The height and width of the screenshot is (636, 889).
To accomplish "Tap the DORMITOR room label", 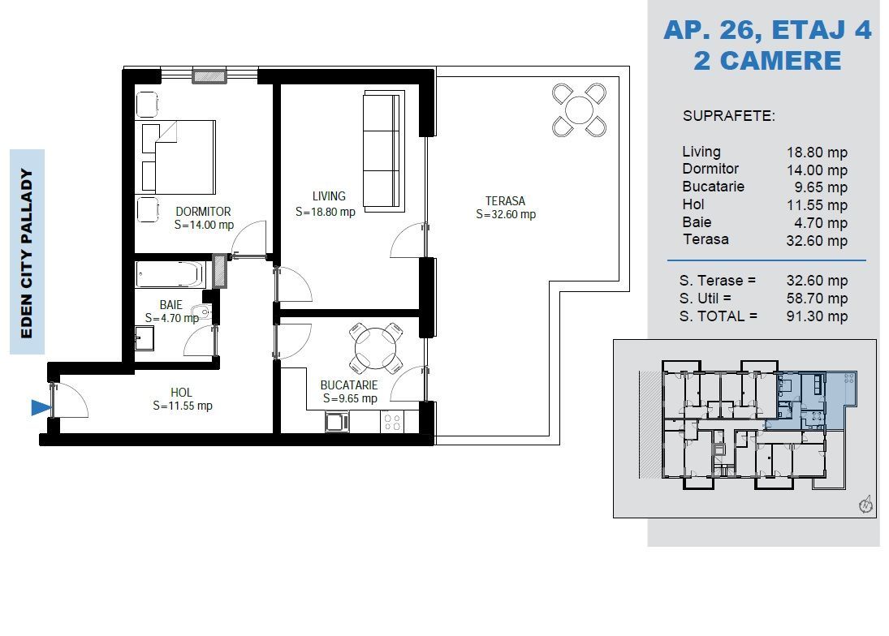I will [203, 212].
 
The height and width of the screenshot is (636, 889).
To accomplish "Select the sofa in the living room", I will [382, 151].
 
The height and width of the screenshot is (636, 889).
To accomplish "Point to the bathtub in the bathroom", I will [170, 274].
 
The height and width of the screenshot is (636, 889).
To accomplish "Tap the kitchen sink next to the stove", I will [337, 422].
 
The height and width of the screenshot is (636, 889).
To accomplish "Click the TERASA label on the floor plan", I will [505, 201].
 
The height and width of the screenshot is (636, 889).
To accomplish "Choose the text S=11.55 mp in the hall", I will [182, 406].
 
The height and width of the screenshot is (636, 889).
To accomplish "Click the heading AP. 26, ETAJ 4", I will [767, 31].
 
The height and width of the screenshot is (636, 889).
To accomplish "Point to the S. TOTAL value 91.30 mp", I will [817, 317].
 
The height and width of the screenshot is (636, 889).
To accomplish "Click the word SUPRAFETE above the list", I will [728, 116].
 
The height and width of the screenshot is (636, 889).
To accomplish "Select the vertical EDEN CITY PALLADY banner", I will [27, 251].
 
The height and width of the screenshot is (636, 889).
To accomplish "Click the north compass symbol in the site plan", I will [865, 505].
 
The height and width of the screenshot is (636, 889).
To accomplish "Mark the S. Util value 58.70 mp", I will [817, 299].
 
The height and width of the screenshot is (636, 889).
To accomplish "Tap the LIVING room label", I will [329, 196].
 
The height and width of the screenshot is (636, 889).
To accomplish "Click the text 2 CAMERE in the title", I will [767, 61].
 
